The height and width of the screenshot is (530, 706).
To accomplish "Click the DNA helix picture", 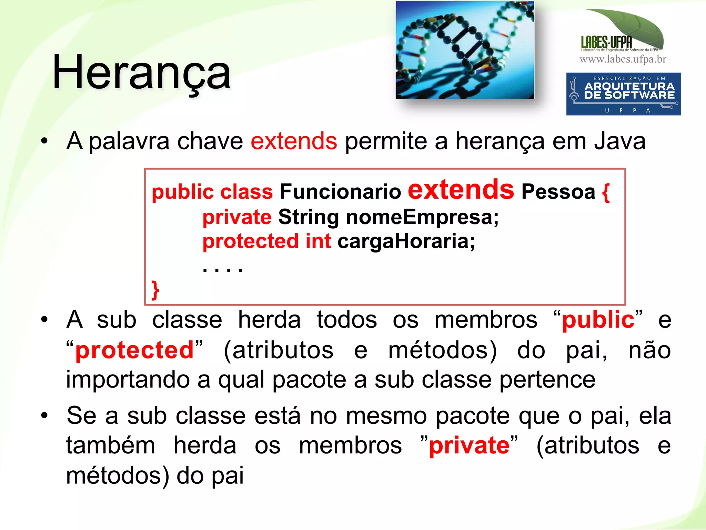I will tap(465, 50).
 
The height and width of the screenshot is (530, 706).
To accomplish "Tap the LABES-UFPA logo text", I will tap(606, 42).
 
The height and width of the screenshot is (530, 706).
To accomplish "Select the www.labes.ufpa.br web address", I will tap(623, 59).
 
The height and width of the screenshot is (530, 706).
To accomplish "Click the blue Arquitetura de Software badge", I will tap(623, 94).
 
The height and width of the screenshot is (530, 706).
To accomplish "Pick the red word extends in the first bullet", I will tap(294, 141).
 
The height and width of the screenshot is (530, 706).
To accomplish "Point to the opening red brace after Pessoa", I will tap(606, 192).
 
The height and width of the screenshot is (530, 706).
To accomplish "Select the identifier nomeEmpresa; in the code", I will tap(422, 217).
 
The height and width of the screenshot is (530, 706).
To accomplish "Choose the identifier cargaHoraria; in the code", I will tap(406, 241).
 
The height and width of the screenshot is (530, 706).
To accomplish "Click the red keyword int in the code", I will tap(318, 241).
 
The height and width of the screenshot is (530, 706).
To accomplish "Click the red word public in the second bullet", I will tap(598, 320).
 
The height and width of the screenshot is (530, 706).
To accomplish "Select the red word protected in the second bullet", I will tap(134, 350).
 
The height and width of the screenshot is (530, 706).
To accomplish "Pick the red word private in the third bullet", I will tap(469, 445).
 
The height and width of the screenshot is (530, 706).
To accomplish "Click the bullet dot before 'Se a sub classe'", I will tap(44, 415).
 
